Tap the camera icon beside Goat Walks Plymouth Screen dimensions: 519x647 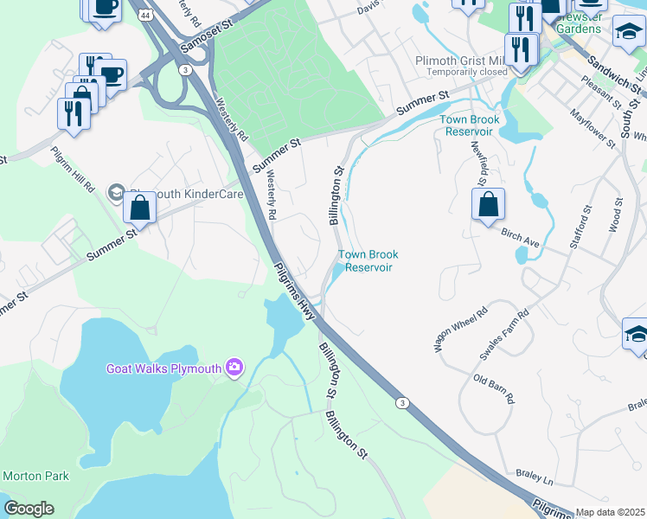(x=234, y=368)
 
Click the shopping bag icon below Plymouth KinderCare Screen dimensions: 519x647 (x=140, y=208)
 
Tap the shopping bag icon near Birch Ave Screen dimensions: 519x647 (x=489, y=205)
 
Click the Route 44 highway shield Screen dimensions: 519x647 (x=144, y=16)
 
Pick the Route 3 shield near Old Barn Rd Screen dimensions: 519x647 (x=401, y=402)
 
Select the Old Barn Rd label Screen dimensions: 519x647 (x=494, y=388)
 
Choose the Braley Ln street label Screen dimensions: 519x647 (x=535, y=476)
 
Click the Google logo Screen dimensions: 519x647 (x=29, y=509)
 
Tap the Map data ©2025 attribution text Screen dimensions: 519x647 (x=611, y=512)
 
